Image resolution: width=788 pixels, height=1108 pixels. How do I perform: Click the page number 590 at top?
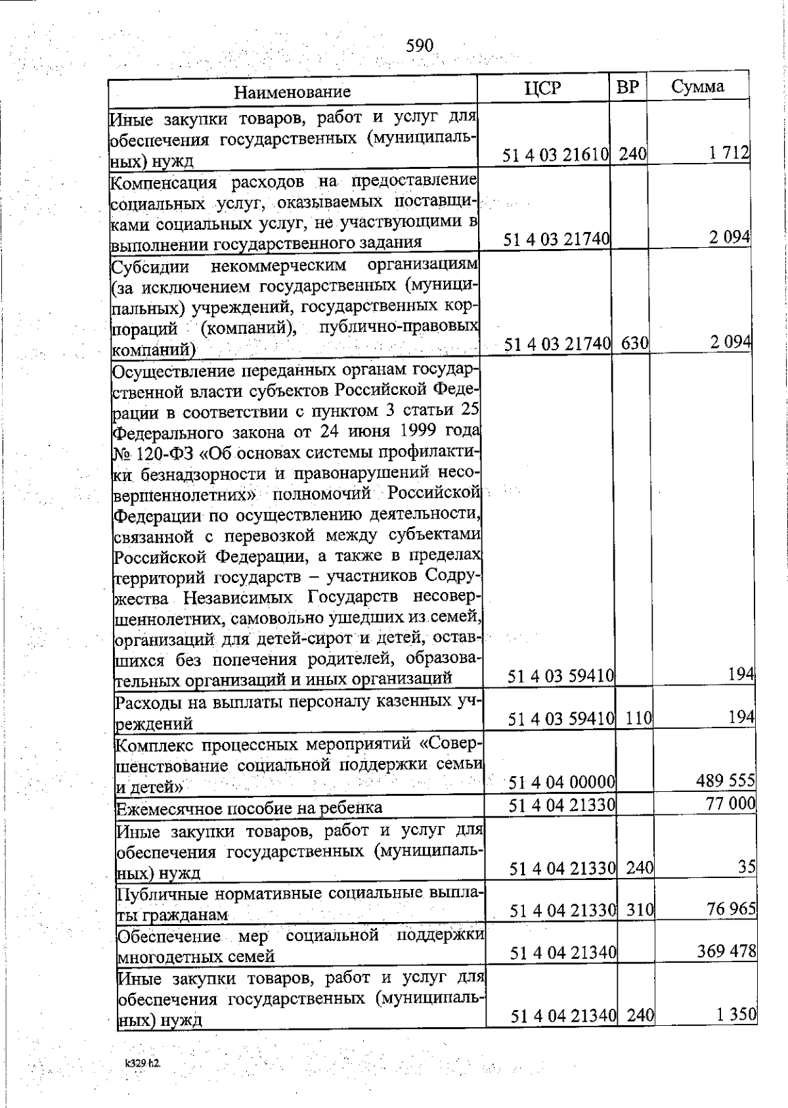420,45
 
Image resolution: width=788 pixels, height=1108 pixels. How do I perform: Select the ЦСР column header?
544,88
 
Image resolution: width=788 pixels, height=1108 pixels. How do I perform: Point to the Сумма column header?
698,87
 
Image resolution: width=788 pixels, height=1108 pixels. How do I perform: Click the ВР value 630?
634,343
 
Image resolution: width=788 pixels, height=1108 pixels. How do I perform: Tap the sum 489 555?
725,780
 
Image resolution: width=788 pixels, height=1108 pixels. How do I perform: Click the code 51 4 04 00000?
562,782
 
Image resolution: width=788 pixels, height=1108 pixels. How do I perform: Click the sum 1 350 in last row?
736,1014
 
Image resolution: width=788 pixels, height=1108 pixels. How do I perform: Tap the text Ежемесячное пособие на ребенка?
249,807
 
